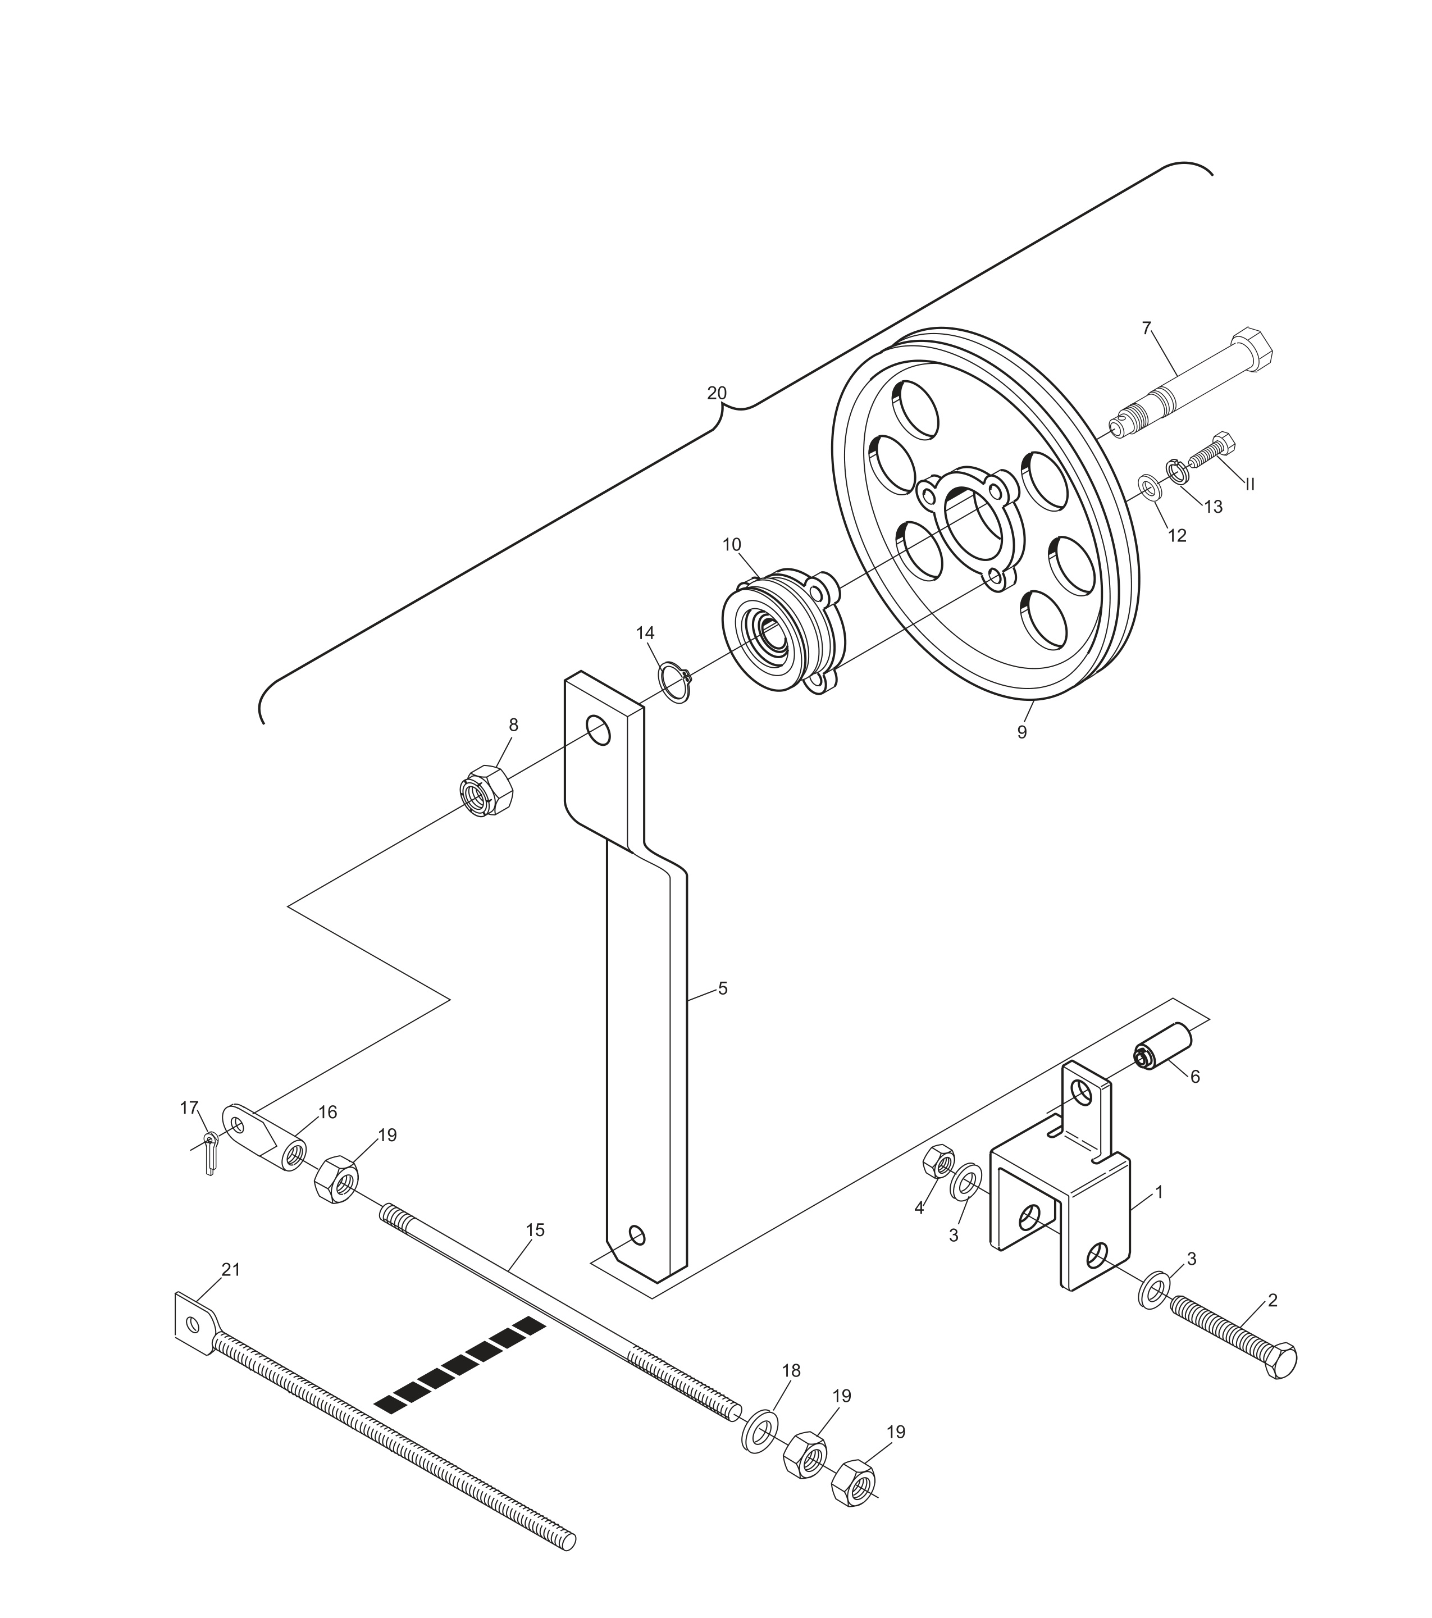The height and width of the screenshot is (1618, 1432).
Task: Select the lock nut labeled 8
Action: pos(485,790)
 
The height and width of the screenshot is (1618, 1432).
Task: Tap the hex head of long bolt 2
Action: pos(1281,1360)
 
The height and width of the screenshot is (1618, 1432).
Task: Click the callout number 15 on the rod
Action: pos(535,1230)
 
